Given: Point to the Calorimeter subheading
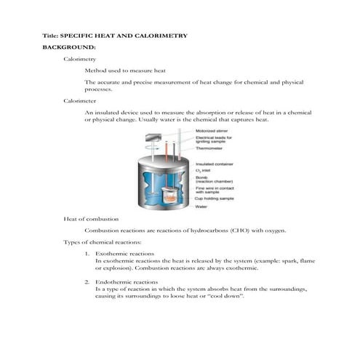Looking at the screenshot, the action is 80,102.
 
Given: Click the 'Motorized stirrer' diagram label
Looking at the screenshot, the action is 213,131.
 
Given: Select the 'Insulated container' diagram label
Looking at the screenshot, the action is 214,164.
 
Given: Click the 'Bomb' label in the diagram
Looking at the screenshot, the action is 201,177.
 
